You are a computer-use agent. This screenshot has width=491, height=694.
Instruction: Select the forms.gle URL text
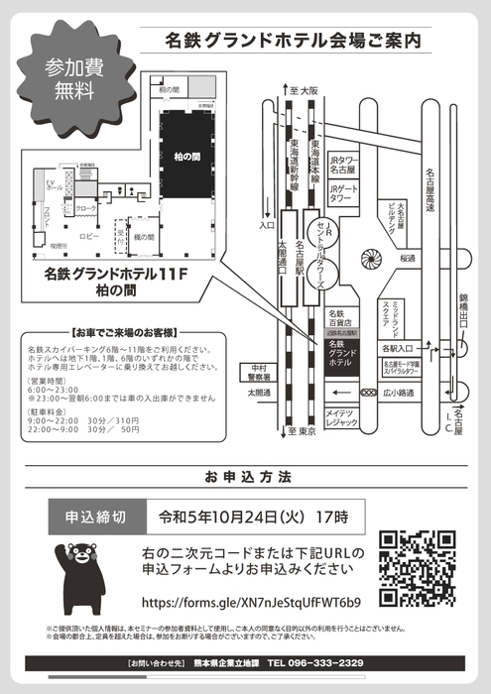252,602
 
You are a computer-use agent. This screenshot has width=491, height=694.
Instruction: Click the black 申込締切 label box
95,517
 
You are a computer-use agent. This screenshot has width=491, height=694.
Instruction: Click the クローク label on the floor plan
86,209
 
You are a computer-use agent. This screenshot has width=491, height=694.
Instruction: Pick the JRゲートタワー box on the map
341,194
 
